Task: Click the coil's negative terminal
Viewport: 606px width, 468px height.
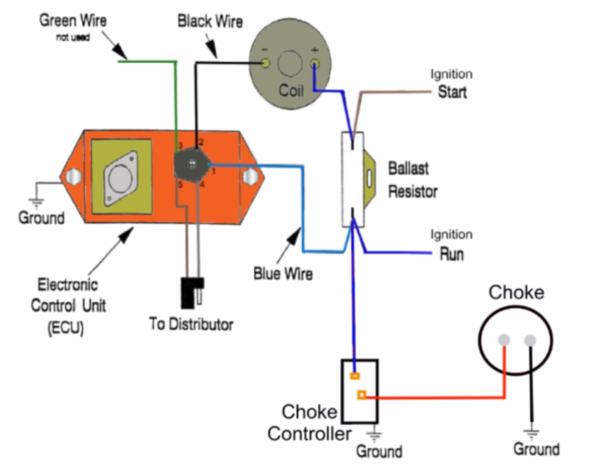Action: click(266, 63)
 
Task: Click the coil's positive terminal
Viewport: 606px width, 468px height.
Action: click(315, 63)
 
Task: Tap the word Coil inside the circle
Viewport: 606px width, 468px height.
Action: click(291, 90)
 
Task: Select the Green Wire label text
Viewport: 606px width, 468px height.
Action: click(73, 21)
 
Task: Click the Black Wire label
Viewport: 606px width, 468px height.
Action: click(210, 22)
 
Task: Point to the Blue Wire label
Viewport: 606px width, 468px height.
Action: click(283, 274)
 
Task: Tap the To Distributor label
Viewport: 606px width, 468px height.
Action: click(191, 324)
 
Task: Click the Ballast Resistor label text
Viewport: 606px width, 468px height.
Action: click(413, 180)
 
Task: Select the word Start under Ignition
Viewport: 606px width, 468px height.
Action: click(452, 92)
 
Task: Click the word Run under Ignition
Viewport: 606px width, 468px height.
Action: click(452, 253)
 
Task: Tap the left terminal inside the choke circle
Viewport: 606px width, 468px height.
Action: click(504, 340)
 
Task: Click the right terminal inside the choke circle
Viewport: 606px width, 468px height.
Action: click(529, 340)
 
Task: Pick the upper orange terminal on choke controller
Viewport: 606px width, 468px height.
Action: click(354, 376)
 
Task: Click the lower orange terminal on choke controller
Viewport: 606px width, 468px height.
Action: click(362, 395)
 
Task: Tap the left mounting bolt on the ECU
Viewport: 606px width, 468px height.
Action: click(73, 177)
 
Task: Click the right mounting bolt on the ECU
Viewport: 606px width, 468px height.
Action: click(250, 177)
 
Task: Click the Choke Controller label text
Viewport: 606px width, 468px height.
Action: click(310, 423)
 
